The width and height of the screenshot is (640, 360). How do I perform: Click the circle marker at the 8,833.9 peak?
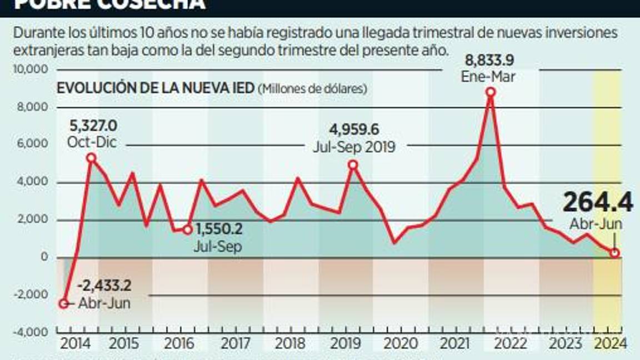coord(490,92)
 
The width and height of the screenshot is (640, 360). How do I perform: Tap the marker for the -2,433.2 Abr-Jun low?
coord(64,303)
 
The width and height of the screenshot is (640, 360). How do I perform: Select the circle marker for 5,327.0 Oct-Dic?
coord(92,158)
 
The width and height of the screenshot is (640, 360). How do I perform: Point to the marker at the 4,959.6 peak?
coord(353,164)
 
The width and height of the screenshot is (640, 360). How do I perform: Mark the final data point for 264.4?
coord(614,253)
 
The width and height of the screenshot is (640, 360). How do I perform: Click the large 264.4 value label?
coord(598,203)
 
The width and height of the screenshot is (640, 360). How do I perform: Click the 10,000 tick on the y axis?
coord(34,70)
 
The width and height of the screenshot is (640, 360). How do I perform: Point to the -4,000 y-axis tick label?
coord(34,332)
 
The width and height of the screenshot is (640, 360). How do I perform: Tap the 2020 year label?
coord(400,344)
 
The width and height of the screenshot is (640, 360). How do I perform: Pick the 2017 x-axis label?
coord(236,344)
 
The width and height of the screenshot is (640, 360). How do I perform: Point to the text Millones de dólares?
coord(314,88)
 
